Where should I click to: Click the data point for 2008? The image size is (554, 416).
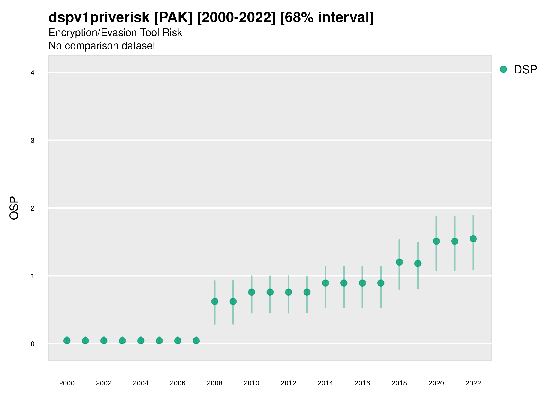(x=215, y=301)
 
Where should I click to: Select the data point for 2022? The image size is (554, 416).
(x=473, y=239)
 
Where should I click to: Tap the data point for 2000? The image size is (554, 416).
(x=67, y=341)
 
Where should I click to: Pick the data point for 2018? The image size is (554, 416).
(x=399, y=262)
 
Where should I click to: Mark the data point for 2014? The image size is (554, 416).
(x=325, y=283)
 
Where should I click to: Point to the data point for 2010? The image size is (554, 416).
(x=251, y=292)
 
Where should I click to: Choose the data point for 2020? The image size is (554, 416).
(x=436, y=241)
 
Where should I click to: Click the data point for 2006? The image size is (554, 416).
(x=178, y=341)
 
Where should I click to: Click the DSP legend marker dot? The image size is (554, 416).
(x=503, y=70)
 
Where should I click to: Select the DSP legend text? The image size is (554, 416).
(x=525, y=70)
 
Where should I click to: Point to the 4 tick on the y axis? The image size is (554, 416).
(x=33, y=73)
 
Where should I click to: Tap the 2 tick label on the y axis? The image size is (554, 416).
(x=33, y=208)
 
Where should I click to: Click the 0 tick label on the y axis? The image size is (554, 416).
(x=33, y=344)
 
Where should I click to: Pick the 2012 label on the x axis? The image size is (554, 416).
(x=288, y=383)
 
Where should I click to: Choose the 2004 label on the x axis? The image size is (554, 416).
(x=141, y=383)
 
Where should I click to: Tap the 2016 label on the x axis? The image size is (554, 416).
(x=362, y=383)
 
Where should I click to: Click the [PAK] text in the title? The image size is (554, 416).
(x=173, y=17)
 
